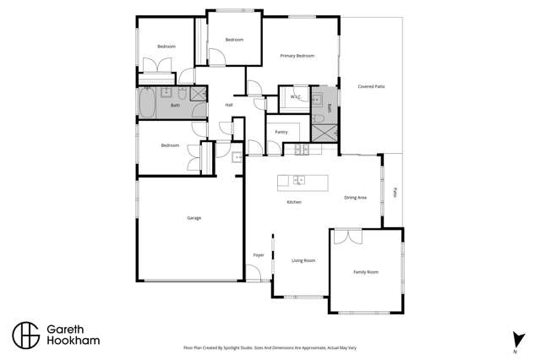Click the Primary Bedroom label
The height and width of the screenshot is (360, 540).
[297, 56]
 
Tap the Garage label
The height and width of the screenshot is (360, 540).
[194, 218]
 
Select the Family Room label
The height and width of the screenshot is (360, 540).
[365, 272]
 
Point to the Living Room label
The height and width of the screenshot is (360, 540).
[303, 260]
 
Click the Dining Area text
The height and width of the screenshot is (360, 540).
[355, 198]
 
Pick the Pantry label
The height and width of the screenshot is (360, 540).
[281, 132]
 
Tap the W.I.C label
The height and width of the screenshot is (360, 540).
[296, 97]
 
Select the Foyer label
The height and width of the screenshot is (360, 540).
[259, 254]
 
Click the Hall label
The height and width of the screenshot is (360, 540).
[228, 105]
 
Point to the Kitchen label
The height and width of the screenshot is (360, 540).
[294, 202]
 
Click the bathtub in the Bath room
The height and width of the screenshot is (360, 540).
[147, 105]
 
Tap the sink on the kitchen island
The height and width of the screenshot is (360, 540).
[298, 179]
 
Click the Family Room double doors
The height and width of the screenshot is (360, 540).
[344, 237]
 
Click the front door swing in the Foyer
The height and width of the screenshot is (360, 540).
[253, 273]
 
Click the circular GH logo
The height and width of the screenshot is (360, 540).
[25, 335]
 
